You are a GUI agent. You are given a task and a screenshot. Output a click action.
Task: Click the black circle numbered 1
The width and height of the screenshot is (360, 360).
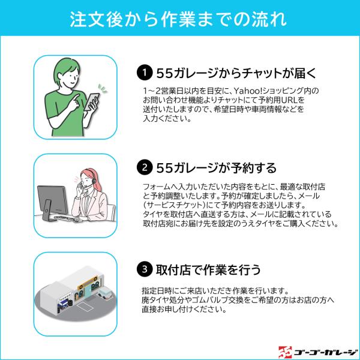click(145, 73)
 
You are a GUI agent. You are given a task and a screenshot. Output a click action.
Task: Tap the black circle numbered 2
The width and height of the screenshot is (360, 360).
click(145, 167)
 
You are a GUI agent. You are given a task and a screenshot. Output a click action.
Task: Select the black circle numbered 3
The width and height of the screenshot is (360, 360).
click(145, 269)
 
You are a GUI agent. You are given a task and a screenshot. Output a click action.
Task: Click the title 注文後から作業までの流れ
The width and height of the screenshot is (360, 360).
click(178, 19)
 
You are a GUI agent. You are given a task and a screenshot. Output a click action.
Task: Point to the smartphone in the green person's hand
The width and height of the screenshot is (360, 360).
click(92, 102)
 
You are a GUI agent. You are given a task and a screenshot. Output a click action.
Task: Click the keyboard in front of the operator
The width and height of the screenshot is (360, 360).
click(64, 217)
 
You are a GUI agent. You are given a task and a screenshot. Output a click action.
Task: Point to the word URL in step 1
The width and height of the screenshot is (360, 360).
click(290, 100)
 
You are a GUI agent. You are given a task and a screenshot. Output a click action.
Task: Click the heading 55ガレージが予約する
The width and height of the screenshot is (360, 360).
click(216, 168)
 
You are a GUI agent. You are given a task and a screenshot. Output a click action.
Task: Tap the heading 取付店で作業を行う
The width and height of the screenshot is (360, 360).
click(208, 269)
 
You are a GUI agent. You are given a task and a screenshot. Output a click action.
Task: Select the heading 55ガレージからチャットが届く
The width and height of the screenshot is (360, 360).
click(236, 73)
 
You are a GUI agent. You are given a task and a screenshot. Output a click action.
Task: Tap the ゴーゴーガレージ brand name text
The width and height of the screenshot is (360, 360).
click(325, 353)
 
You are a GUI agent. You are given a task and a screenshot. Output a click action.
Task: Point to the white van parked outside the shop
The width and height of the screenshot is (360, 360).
click(105, 293)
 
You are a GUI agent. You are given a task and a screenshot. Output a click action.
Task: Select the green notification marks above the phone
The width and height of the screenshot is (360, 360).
click(103, 89)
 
